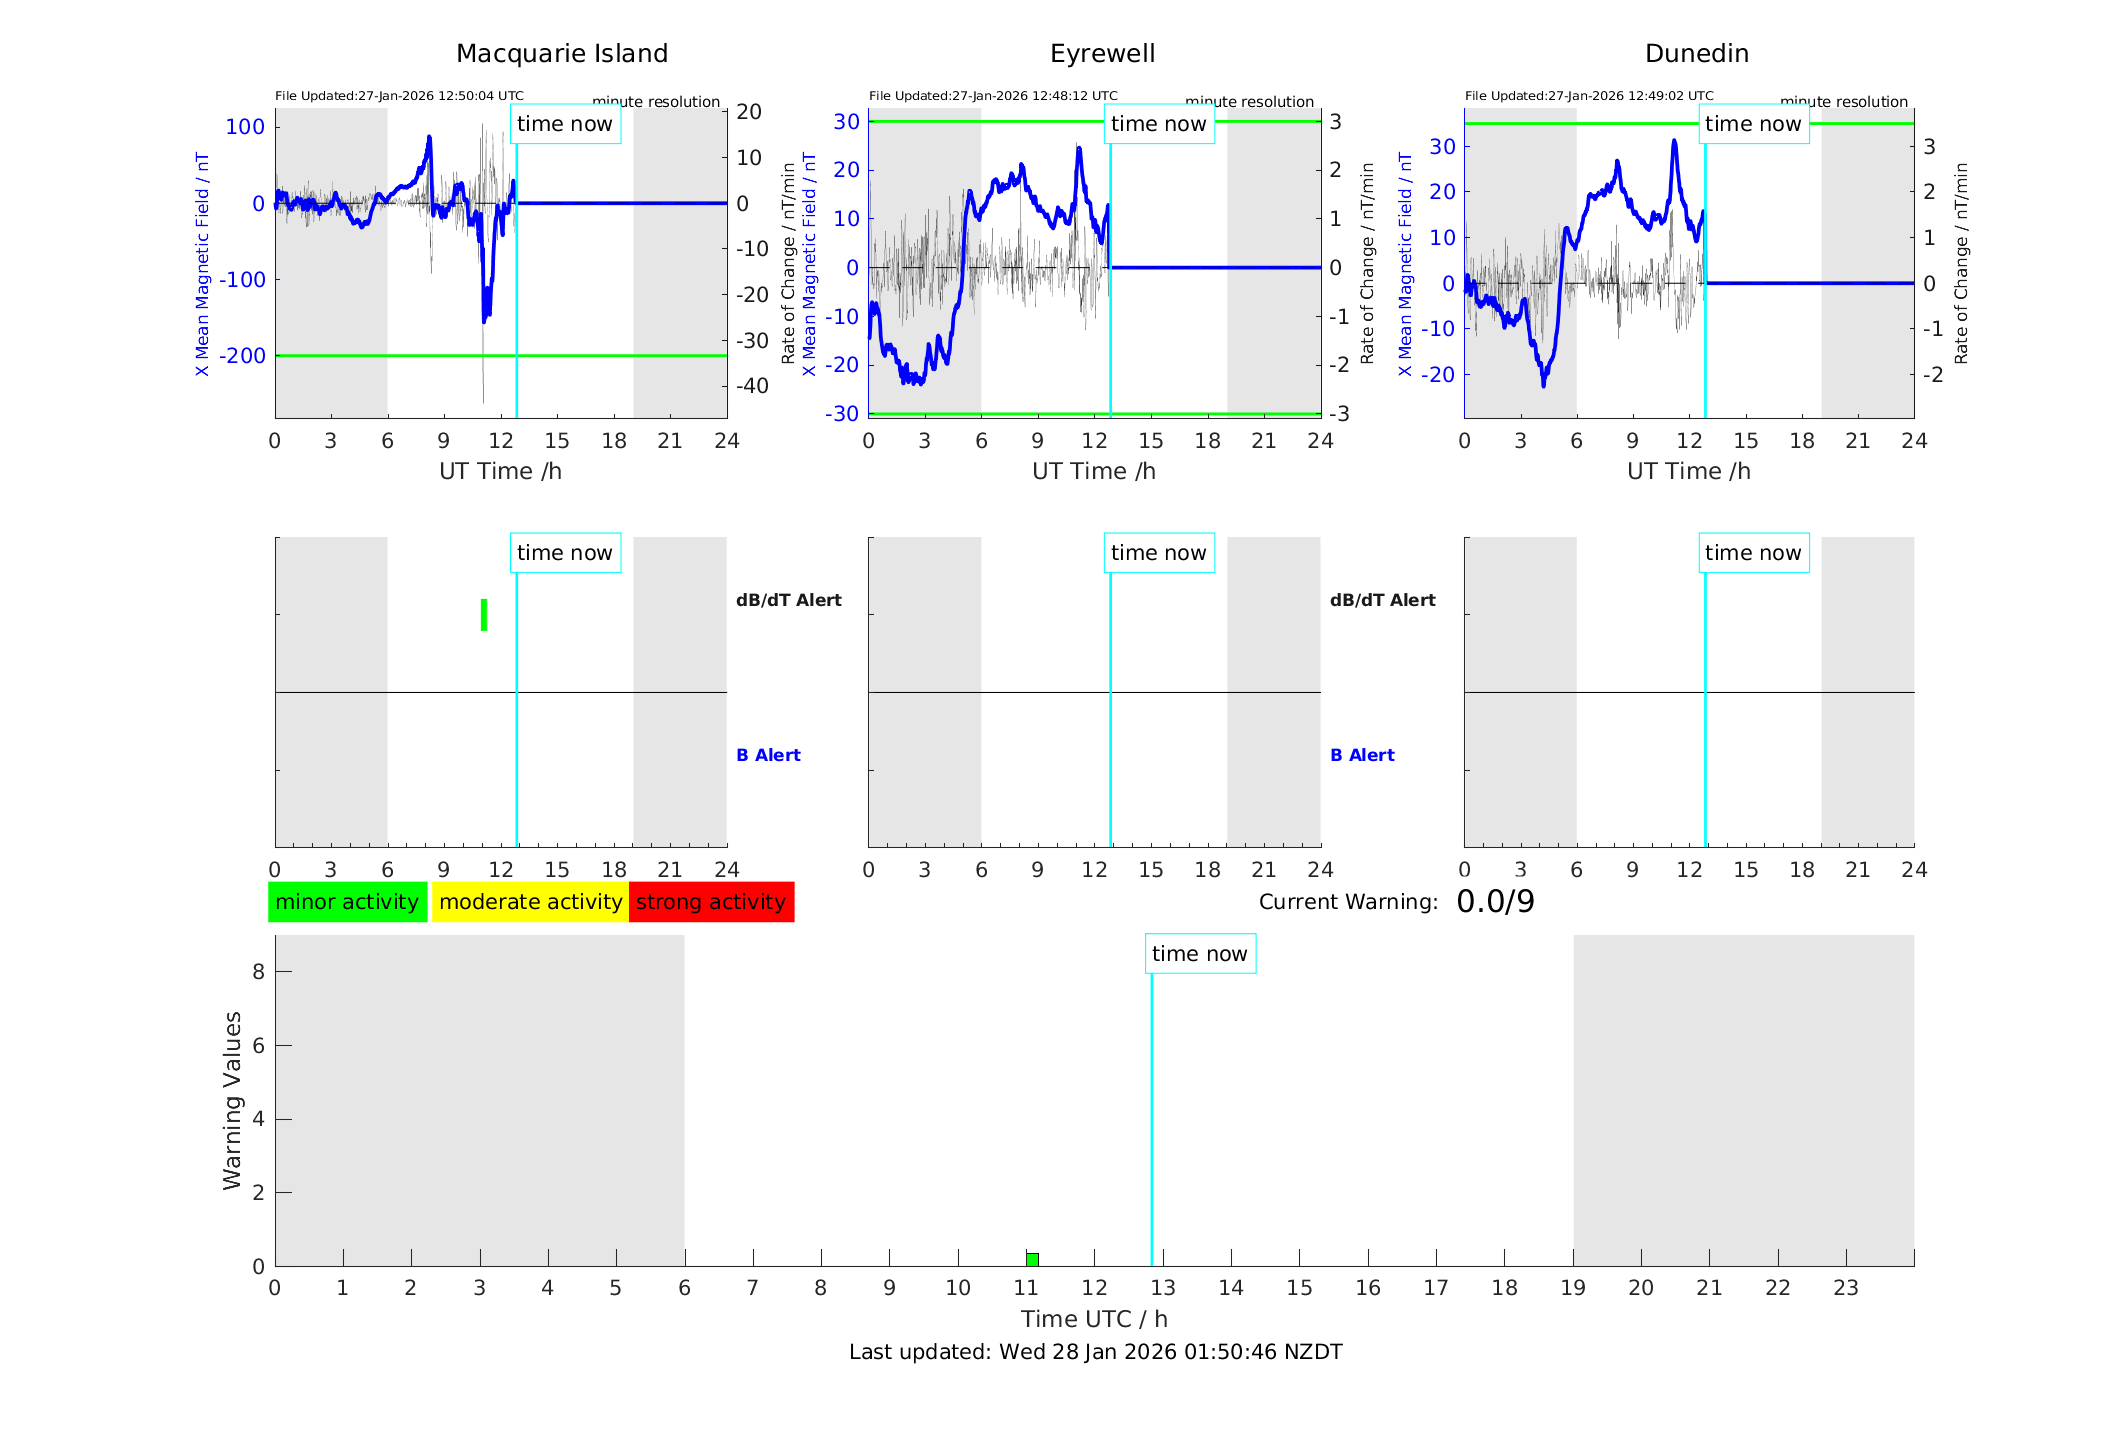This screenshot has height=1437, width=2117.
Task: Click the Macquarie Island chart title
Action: point(562,54)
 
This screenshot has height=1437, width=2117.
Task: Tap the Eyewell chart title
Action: point(1102,54)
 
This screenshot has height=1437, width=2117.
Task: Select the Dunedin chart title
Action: point(1696,54)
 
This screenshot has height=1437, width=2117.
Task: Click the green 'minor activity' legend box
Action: point(347,902)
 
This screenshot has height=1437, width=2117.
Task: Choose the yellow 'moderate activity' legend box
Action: point(530,902)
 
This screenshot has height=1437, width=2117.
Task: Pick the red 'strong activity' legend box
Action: point(711,902)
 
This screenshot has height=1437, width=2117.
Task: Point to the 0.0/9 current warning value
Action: point(1495,902)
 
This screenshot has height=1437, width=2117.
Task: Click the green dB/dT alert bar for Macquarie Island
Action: point(484,615)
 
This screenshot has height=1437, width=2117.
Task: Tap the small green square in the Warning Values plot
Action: point(1032,1259)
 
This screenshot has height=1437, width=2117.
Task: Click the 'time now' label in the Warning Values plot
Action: point(1199,954)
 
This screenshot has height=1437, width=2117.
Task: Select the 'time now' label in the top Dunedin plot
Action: point(1753,124)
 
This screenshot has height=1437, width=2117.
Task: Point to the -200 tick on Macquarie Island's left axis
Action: point(243,356)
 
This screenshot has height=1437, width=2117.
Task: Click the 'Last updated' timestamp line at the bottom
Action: point(1095,1352)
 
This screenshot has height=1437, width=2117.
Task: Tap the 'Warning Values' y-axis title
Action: point(232,1100)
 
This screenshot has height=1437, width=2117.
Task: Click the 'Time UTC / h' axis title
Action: point(1094,1319)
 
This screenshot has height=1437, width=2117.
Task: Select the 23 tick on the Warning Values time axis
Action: point(1845,1288)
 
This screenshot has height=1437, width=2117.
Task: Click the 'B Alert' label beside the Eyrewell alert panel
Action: point(1362,755)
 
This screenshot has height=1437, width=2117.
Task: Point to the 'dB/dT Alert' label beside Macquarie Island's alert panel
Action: point(788,600)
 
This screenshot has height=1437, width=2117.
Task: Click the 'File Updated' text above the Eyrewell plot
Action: point(993,96)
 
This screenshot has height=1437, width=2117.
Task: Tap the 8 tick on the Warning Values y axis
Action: point(258,971)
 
